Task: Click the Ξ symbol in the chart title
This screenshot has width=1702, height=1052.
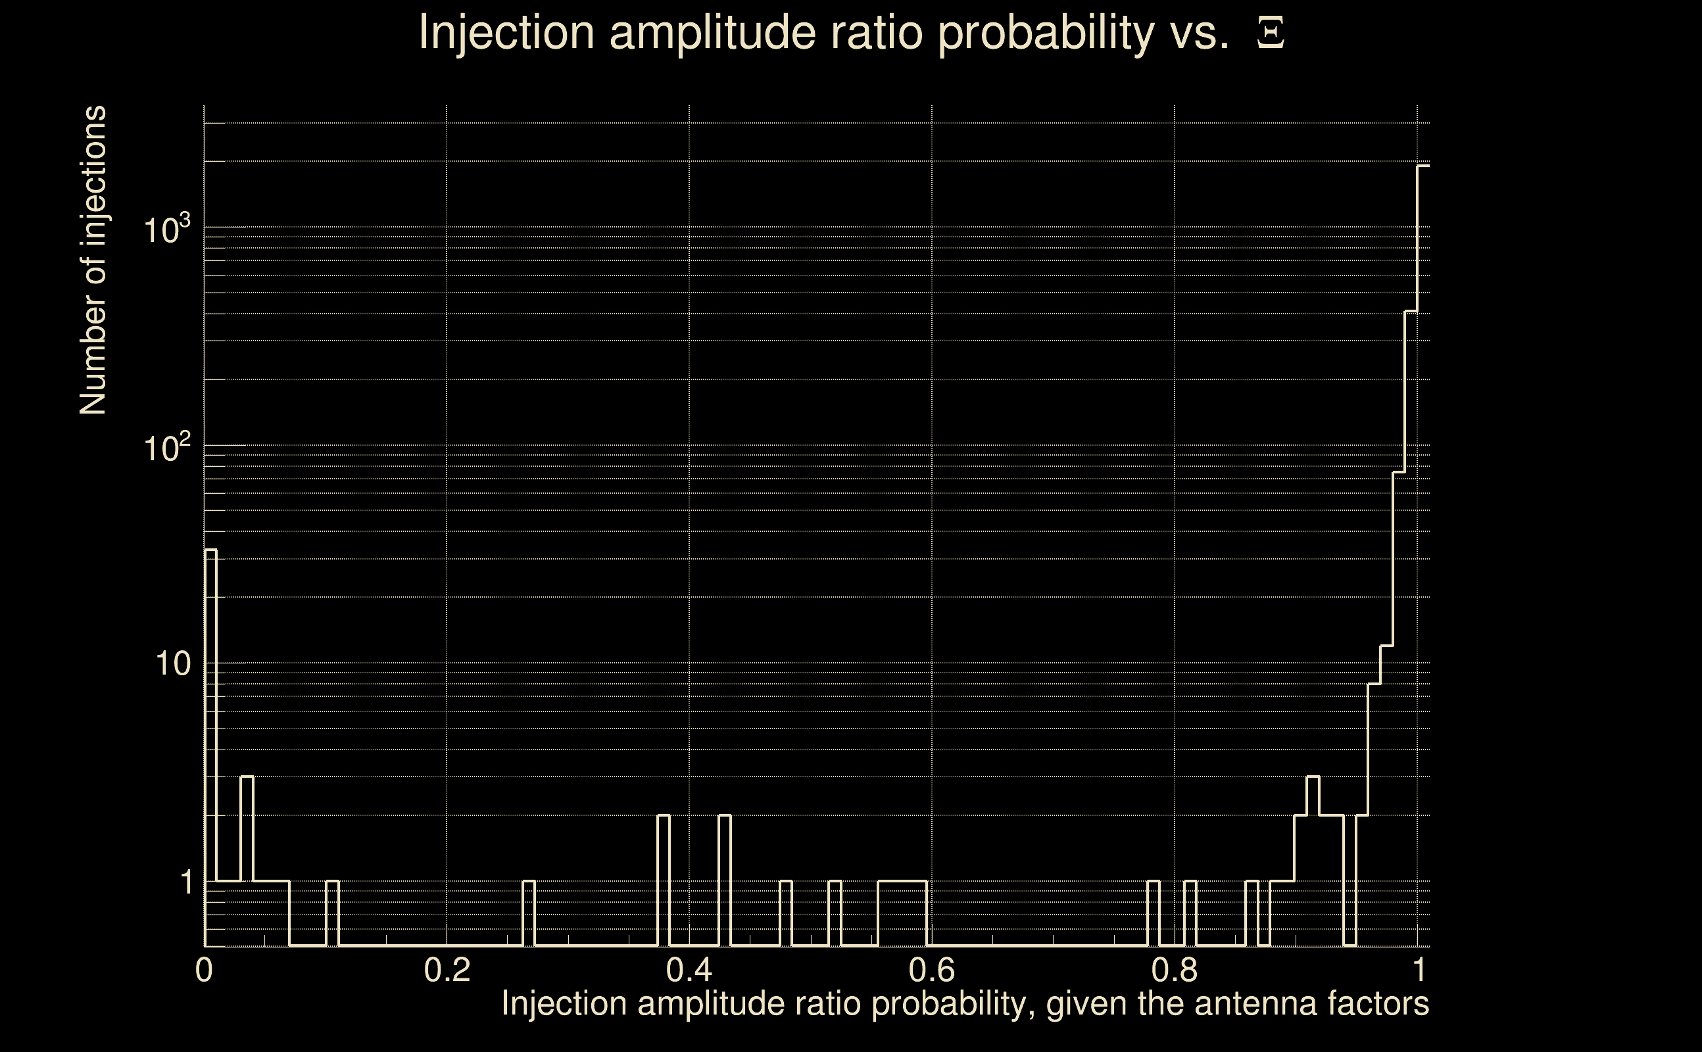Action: coord(1271,33)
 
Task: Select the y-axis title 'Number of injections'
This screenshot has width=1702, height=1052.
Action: coord(93,260)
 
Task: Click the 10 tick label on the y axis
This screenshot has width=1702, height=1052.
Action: coord(172,664)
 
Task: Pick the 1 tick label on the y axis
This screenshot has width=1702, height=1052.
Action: coord(186,882)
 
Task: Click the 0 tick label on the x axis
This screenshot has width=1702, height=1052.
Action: coord(204,970)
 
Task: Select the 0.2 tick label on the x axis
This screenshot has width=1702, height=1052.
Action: coord(447,970)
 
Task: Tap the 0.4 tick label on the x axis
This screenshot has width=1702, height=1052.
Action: coord(689,970)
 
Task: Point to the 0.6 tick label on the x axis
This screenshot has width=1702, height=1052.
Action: coord(932,970)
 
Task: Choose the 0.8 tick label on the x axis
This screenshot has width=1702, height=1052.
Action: coord(1175,970)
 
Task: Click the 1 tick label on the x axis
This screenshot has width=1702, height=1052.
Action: coord(1417,970)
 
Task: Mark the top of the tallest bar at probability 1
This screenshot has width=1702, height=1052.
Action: coord(1424,166)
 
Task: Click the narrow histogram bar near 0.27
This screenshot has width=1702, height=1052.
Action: coord(529,913)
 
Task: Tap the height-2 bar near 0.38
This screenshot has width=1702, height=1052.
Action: coord(664,880)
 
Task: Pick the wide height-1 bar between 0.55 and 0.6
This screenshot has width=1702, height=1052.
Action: coord(902,913)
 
